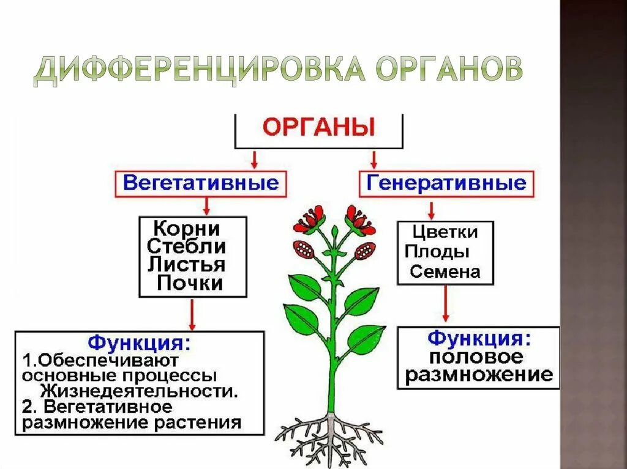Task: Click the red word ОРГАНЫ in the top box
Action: (319, 128)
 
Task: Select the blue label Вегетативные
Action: (201, 182)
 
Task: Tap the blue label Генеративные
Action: (446, 183)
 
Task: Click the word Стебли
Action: (187, 247)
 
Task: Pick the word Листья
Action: (187, 265)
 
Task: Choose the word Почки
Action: (190, 283)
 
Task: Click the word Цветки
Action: (445, 232)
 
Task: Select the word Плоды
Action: (437, 251)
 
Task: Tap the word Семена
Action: (445, 271)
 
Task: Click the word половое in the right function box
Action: (475, 356)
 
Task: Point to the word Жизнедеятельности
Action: (140, 390)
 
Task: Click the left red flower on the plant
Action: (309, 220)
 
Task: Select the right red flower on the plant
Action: (359, 220)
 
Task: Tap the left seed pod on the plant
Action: (304, 249)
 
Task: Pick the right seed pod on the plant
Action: (365, 251)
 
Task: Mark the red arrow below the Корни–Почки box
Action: (193, 315)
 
